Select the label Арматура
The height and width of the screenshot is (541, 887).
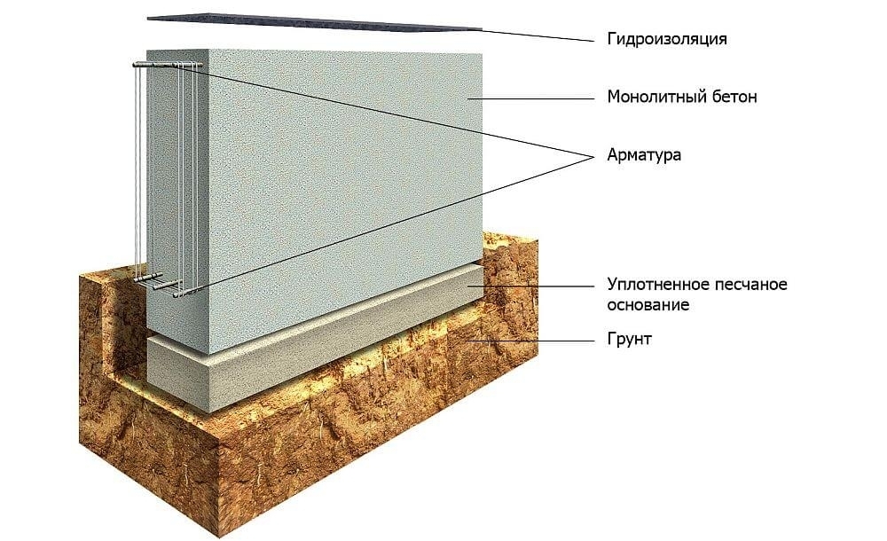point(643,155)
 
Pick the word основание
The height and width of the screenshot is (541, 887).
point(648,305)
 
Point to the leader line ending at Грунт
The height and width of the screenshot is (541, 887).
point(532,339)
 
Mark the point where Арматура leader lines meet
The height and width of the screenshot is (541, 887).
point(593,156)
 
